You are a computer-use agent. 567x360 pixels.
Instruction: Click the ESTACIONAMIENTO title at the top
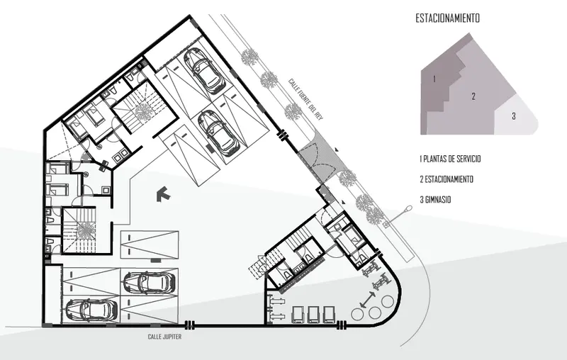448,18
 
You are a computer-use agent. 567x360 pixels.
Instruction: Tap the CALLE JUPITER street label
164,337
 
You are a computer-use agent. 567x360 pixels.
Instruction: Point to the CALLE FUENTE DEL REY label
305,99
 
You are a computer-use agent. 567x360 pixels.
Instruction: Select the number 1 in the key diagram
434,79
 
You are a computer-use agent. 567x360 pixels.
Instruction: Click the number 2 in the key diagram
473,96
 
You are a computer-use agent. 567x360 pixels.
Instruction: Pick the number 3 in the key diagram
513,116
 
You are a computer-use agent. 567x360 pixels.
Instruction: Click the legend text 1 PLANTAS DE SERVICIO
450,159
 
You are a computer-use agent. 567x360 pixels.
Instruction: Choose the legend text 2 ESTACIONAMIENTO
447,179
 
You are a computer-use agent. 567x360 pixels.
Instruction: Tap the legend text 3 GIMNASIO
435,200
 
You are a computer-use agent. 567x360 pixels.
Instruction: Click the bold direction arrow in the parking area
164,194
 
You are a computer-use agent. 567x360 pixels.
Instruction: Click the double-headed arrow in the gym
368,300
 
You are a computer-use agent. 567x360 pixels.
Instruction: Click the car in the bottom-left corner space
91,310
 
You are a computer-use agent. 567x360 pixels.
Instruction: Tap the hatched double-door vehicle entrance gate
317,161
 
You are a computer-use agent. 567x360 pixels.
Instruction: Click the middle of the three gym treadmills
313,315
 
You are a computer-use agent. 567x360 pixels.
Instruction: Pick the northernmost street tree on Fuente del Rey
249,57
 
